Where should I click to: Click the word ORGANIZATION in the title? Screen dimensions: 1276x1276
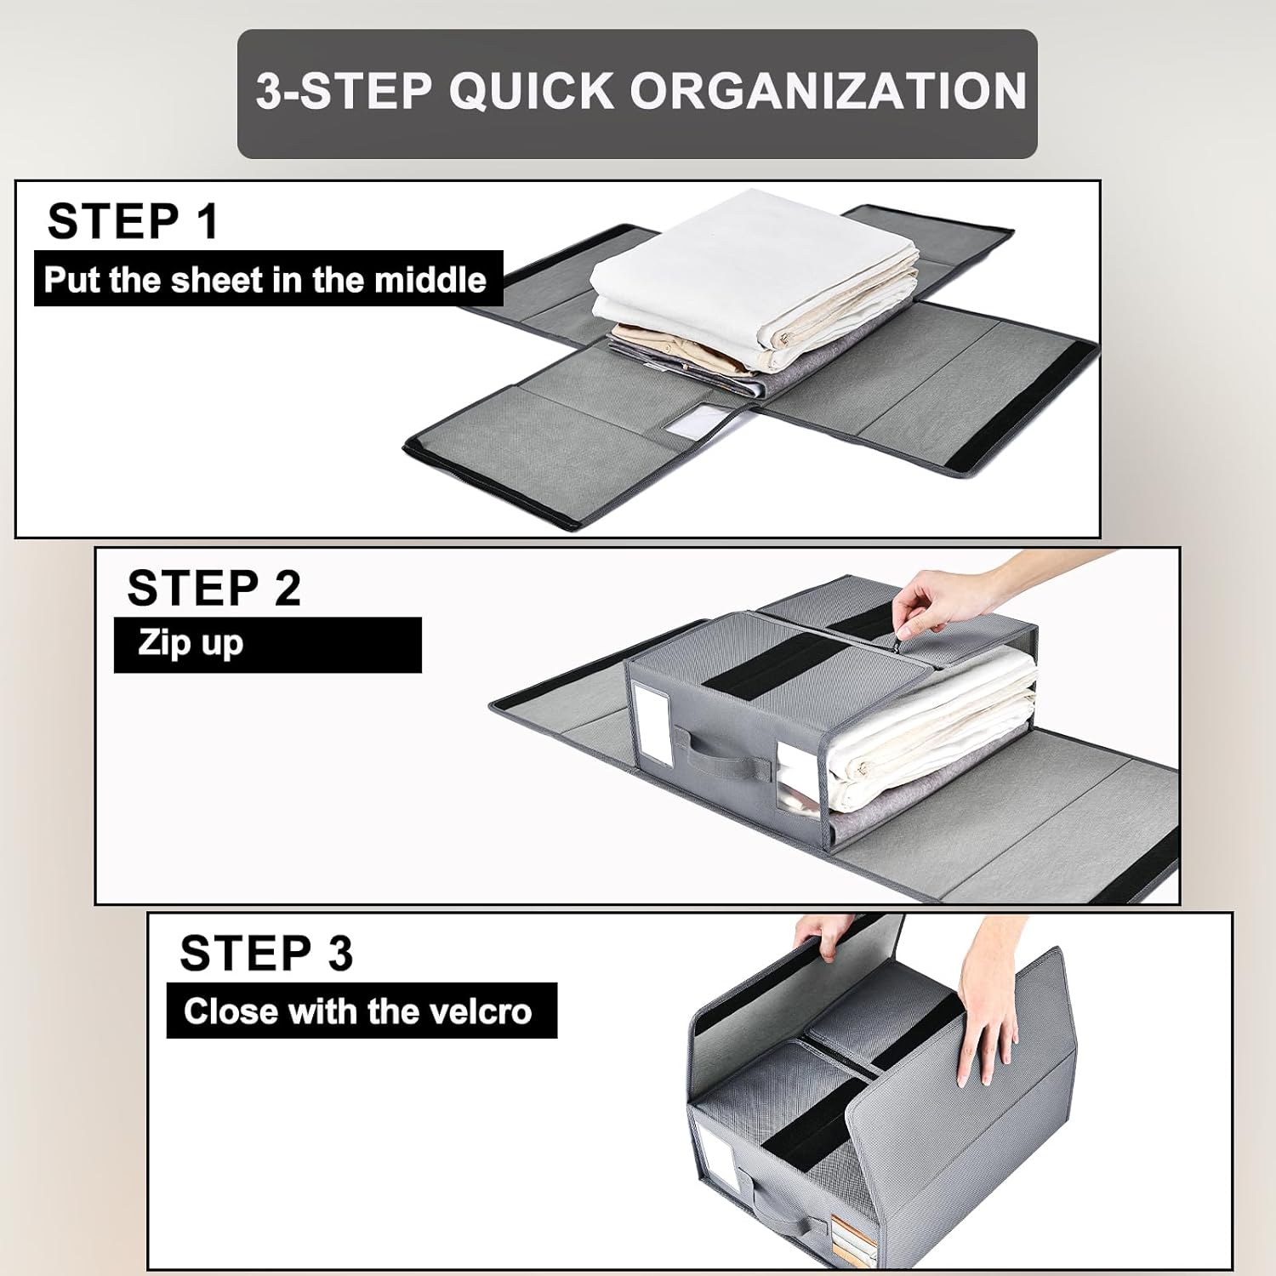829,91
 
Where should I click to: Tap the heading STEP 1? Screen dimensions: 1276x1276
134,221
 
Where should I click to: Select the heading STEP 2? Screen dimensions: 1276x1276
214,588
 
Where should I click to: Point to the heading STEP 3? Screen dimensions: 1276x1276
266,953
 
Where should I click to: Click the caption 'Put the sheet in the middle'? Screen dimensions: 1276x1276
265,279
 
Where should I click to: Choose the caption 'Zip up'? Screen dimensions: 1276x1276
191,644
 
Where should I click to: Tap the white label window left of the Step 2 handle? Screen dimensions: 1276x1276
652,715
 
